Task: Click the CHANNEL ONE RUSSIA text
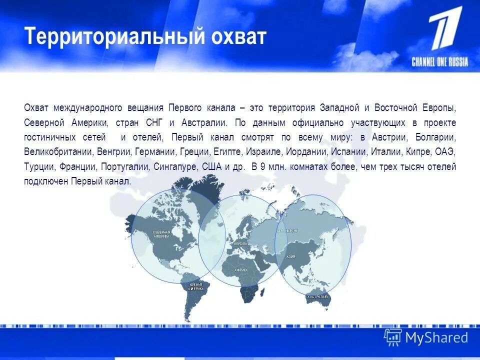(x=440, y=62)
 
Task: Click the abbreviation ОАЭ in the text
(x=445, y=151)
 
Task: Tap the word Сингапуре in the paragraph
(x=177, y=166)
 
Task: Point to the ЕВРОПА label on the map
(x=240, y=243)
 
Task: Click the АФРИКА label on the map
(x=241, y=269)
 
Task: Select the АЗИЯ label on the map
(x=290, y=256)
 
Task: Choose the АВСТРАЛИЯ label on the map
(x=317, y=296)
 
